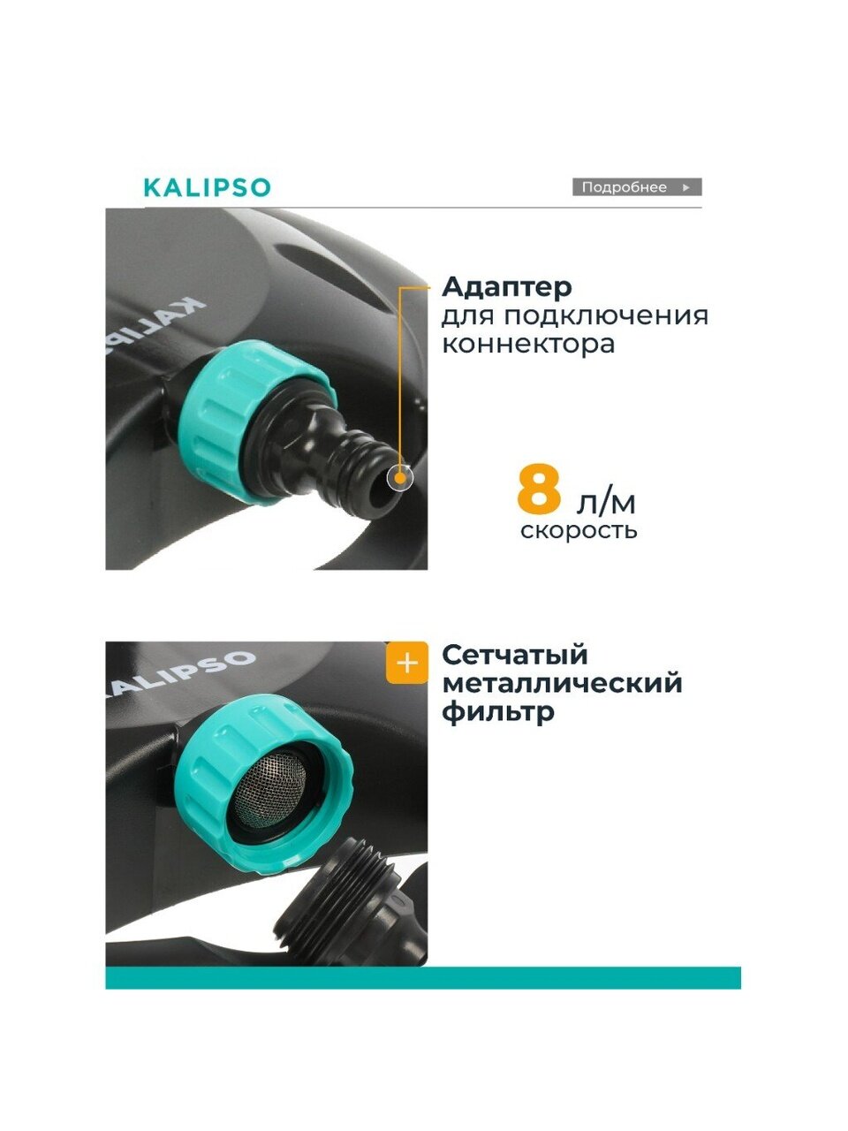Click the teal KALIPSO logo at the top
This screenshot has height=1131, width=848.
click(208, 187)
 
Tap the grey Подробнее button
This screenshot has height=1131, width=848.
click(637, 187)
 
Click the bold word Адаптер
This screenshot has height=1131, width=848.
click(507, 286)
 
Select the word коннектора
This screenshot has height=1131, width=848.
click(528, 345)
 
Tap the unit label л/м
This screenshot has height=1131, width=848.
click(606, 502)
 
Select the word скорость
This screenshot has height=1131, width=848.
click(579, 530)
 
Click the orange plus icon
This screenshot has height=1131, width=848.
click(406, 663)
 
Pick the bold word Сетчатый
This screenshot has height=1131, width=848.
click(515, 656)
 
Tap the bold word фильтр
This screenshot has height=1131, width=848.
click(498, 712)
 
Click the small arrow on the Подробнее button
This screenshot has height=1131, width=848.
click(685, 187)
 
